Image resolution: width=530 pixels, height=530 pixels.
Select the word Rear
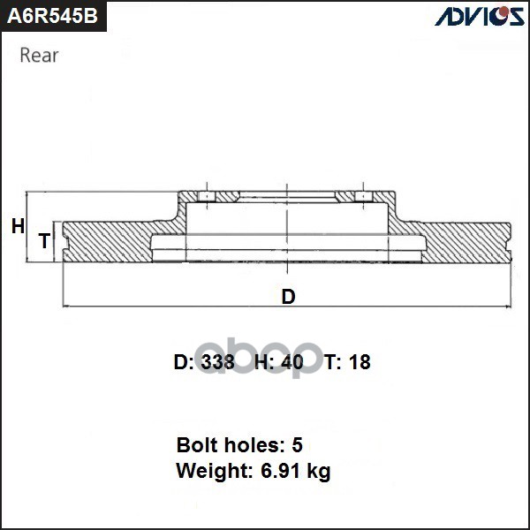click(39, 56)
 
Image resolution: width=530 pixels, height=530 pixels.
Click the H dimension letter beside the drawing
click(18, 227)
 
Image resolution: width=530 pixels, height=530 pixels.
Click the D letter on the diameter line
click(288, 297)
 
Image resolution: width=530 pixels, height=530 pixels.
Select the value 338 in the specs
click(217, 362)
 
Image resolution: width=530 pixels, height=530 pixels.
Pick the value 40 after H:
click(291, 362)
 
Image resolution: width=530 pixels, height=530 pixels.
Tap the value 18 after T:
click(359, 362)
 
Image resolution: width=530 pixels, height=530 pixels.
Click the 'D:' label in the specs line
click(184, 362)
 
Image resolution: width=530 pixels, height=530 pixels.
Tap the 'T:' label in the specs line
click(333, 362)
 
